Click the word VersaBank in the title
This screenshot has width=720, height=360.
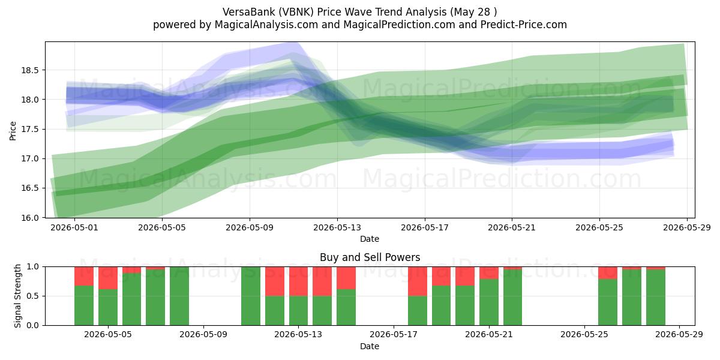tap(249, 12)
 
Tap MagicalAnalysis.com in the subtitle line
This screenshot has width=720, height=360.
tap(266, 25)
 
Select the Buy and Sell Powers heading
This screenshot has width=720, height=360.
tap(370, 257)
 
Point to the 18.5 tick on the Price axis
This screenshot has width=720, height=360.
tap(29, 70)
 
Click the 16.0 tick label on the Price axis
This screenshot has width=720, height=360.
tap(29, 218)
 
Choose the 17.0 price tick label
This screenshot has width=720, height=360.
tap(29, 158)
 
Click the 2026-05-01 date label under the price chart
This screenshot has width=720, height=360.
tap(74, 227)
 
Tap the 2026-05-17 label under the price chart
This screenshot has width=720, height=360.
tap(425, 227)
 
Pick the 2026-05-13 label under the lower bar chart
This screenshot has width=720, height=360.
tap(298, 335)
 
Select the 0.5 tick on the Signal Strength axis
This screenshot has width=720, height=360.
tap(33, 296)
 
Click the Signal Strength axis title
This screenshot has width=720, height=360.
tap(17, 296)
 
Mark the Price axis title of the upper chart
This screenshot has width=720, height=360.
tap(13, 131)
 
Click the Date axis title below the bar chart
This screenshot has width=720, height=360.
tap(370, 346)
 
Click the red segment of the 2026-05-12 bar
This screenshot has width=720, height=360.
tap(275, 281)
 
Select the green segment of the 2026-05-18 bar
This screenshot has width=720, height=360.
tap(418, 311)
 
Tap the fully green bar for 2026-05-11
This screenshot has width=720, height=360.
tap(251, 296)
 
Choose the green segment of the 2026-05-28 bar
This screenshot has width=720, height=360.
tap(656, 298)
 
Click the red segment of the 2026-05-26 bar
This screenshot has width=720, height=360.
tap(608, 273)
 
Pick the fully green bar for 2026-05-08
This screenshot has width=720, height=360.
tap(179, 296)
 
